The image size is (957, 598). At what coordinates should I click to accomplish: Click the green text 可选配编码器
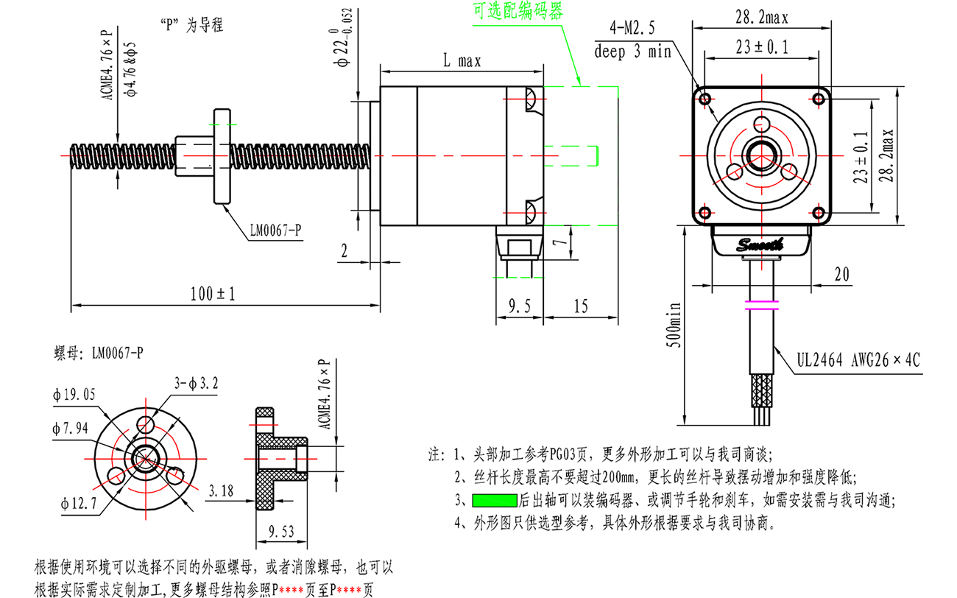tap(518, 11)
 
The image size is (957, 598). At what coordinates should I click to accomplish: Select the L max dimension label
tap(462, 60)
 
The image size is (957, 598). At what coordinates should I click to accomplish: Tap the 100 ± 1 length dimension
tap(213, 294)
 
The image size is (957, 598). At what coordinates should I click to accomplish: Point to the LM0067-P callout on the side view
tap(275, 231)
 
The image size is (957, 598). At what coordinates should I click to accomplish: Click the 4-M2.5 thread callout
tap(632, 28)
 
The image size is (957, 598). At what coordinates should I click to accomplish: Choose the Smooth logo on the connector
tap(760, 245)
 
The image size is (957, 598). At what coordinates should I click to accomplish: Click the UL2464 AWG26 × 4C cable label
tap(858, 360)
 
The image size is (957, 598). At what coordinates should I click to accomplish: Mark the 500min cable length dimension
tap(674, 325)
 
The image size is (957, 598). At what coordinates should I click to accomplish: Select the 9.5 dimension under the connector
tap(520, 306)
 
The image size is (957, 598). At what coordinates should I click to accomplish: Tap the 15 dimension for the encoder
tap(581, 306)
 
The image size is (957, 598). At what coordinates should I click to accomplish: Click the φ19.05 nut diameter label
tap(74, 394)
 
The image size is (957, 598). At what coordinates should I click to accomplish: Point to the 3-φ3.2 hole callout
tap(196, 384)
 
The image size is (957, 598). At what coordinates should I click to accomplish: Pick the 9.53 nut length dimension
tap(281, 531)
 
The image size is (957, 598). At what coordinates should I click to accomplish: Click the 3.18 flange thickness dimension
tap(221, 490)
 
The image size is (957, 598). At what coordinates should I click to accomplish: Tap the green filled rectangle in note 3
tap(494, 501)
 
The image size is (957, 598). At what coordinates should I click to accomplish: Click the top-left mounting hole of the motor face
tap(705, 99)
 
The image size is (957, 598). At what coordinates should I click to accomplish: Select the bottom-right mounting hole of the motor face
tap(819, 212)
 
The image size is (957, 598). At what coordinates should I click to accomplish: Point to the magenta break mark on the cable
tap(762, 305)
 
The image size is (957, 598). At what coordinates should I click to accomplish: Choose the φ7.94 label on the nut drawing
tap(70, 428)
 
